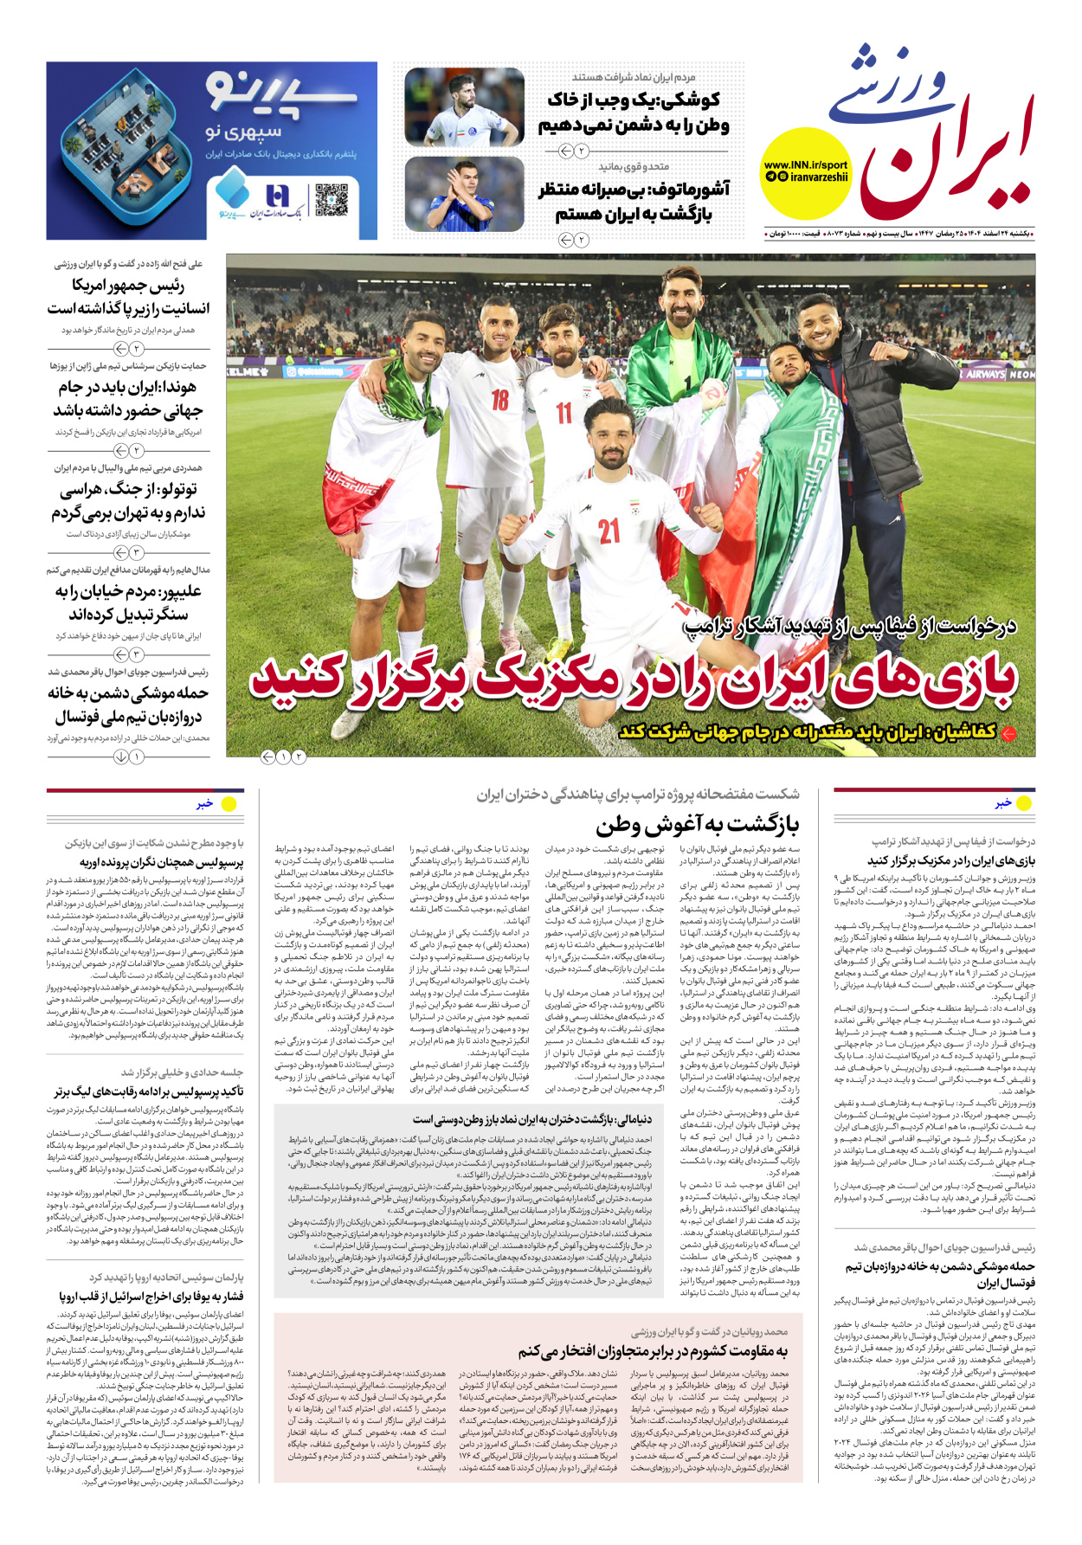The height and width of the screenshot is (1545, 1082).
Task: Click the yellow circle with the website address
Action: (806, 172)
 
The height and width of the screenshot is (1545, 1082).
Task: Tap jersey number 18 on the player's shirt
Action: (499, 399)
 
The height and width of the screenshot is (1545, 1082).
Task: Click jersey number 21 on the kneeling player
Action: (609, 531)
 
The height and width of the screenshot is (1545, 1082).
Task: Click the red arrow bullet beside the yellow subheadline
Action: (1008, 733)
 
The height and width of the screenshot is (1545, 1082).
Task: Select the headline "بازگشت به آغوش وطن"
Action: (698, 823)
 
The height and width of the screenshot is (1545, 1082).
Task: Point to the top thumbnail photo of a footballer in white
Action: (465, 106)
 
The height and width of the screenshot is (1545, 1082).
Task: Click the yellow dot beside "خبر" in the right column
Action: (1024, 803)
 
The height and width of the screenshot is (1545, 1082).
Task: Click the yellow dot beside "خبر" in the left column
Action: (229, 804)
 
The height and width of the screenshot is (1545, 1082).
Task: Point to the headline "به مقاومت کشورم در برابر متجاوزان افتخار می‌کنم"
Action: (653, 1351)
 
